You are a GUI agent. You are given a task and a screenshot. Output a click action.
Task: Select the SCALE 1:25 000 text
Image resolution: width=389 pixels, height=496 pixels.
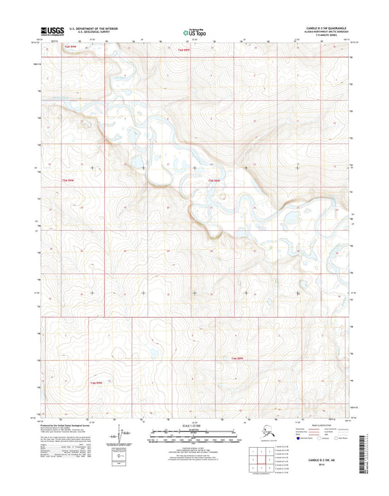[x=193, y=424]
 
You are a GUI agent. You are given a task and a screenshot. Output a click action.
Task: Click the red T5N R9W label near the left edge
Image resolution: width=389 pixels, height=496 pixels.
[x=67, y=179]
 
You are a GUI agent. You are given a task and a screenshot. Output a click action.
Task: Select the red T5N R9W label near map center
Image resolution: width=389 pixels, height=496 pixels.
[x=214, y=180]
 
